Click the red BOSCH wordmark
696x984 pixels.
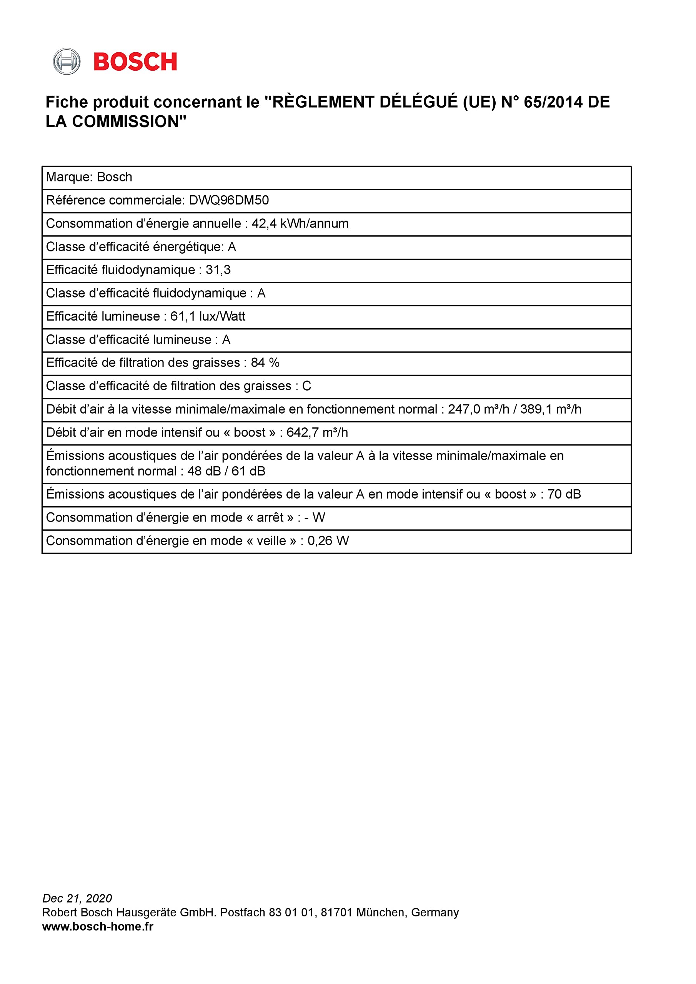tap(135, 62)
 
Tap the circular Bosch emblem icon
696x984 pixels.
tap(67, 62)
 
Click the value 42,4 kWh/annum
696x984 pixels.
tap(300, 224)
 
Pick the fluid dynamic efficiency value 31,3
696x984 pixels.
tap(218, 270)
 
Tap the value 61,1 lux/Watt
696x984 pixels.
tap(208, 316)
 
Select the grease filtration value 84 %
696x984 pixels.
tap(265, 363)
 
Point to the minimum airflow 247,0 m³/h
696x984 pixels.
tap(479, 409)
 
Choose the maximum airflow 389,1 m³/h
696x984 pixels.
tap(551, 409)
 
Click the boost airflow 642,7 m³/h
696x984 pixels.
tap(317, 432)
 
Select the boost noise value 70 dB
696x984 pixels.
tap(564, 494)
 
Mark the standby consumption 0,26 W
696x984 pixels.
tap(328, 541)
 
